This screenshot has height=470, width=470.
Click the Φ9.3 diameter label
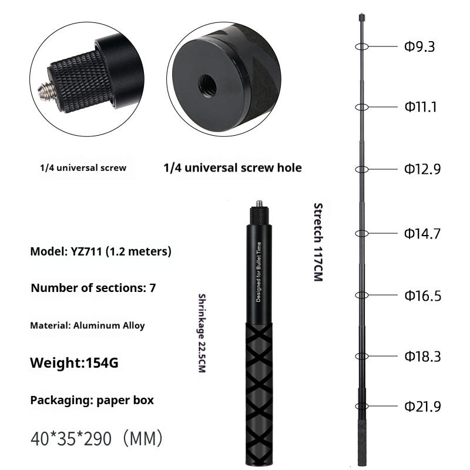[419, 46]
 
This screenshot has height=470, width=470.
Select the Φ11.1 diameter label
[419, 107]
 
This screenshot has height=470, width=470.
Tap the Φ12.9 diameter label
[421, 169]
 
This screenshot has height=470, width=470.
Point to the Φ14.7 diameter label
[421, 233]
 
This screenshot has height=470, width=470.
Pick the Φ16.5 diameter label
[421, 296]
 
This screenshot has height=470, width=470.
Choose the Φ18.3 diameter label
[421, 357]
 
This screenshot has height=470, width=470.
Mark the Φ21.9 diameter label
[421, 406]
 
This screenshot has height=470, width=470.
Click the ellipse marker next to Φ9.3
[361, 46]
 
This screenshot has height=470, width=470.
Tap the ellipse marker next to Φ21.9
[361, 406]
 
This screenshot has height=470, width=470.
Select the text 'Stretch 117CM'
[318, 241]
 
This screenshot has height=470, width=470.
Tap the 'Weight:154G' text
[74, 363]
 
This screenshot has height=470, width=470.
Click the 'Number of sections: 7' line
[93, 288]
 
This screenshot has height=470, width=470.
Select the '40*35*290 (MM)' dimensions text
[96, 438]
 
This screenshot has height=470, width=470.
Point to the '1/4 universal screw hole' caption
[232, 168]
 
